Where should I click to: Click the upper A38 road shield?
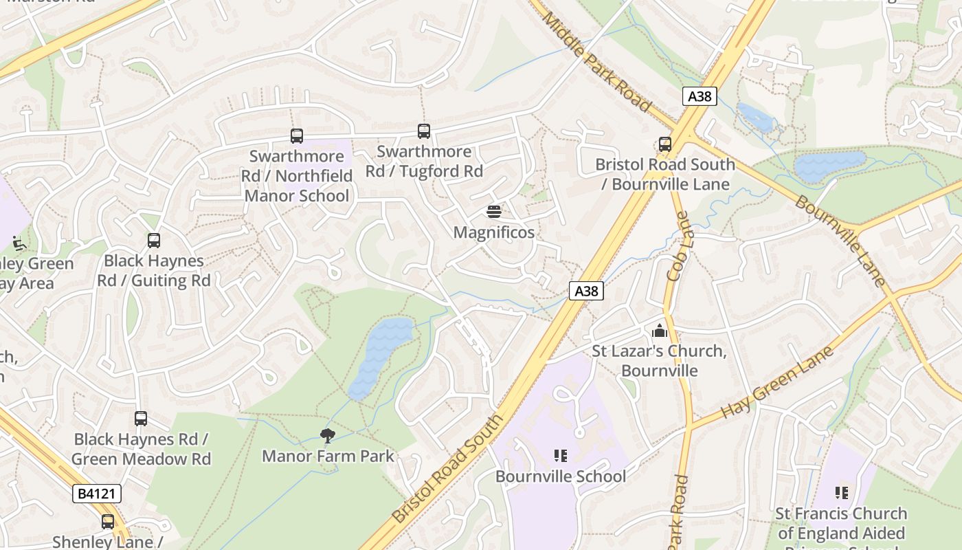[x=700, y=96]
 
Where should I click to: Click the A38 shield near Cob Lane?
[x=586, y=291]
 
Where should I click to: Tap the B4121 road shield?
[x=97, y=493]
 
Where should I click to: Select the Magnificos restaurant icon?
[x=493, y=211]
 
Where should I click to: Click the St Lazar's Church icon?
[x=660, y=331]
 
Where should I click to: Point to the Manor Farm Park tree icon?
[x=328, y=434]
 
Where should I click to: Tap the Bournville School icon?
[x=560, y=455]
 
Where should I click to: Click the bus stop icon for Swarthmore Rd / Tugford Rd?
[x=424, y=131]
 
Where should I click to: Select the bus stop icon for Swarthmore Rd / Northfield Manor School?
[x=297, y=135]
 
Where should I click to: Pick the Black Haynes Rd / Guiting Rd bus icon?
[x=154, y=240]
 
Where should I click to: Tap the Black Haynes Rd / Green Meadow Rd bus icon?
[x=141, y=418]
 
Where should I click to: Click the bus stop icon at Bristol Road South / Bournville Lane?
[x=664, y=144]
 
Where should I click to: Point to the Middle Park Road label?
[x=596, y=61]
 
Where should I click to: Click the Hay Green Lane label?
[x=776, y=383]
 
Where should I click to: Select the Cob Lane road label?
[x=677, y=245]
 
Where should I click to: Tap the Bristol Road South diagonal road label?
[x=448, y=468]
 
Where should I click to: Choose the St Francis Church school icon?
[x=841, y=492]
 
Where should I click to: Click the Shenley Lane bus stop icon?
[x=108, y=521]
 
